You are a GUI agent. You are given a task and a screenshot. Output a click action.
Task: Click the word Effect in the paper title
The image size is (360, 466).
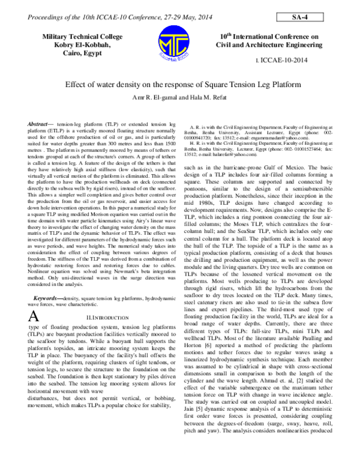click(75, 85)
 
